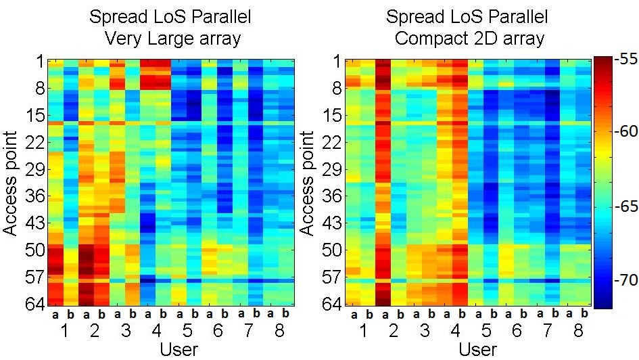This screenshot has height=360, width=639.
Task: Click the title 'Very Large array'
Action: (x=172, y=38)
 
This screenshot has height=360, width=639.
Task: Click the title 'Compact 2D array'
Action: (x=469, y=38)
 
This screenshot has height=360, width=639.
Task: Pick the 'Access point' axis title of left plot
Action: (x=11, y=182)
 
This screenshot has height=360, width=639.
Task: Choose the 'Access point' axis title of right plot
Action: (x=306, y=182)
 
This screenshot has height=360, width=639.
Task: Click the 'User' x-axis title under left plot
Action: (x=179, y=349)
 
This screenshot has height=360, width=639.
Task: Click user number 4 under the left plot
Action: (x=156, y=332)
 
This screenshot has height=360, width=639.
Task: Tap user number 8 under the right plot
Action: (x=577, y=332)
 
